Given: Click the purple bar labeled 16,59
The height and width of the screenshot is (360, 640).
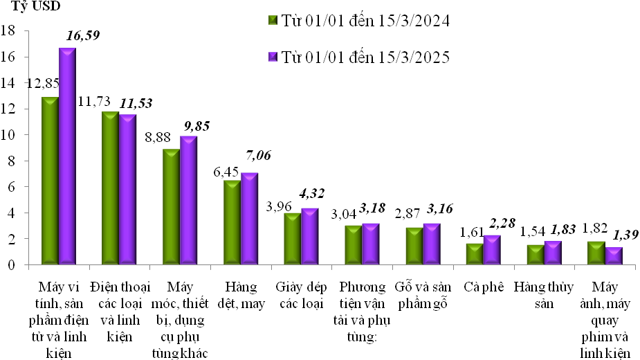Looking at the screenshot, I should click(67, 156).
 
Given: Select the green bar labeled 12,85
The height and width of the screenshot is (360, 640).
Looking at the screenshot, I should click(50, 181).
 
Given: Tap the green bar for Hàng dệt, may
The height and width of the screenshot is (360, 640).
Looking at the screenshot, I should click(232, 222).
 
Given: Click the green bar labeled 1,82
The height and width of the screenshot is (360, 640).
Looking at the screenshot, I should click(596, 253).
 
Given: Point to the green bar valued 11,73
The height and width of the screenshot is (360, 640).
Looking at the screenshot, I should click(110, 188).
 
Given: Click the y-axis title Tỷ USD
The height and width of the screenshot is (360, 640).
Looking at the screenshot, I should click(35, 8).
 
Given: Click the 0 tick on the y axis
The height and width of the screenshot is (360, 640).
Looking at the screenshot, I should click(12, 264).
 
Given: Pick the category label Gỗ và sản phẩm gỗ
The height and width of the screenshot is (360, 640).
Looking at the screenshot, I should click(422, 295).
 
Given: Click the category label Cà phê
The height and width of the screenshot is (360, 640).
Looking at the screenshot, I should click(482, 287).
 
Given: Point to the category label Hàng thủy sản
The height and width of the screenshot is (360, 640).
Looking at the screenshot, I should click(543, 295).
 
